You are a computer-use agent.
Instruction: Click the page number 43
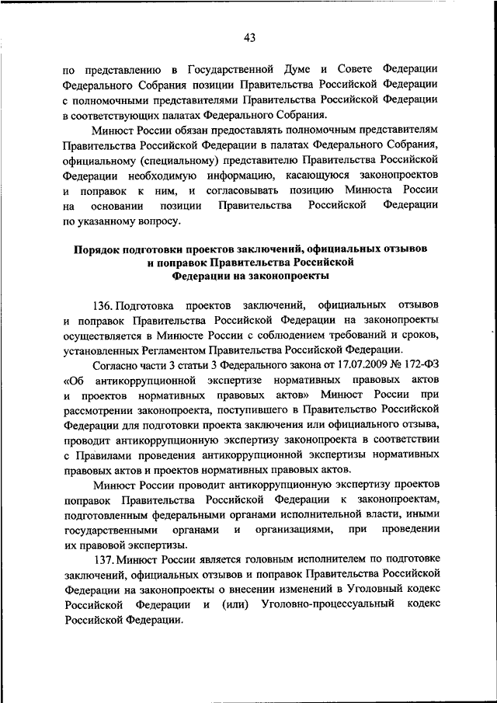[248, 37]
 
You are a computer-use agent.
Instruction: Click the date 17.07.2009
[345, 364]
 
